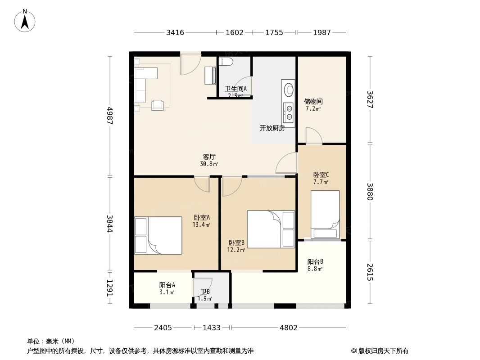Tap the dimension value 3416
pyautogui.click(x=175, y=32)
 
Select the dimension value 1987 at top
pyautogui.click(x=322, y=32)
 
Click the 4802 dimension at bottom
pyautogui.click(x=288, y=328)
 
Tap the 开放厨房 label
pyautogui.click(x=272, y=128)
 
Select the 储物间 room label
pyautogui.click(x=313, y=102)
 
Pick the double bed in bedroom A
pyautogui.click(x=158, y=235)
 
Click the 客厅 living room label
pyautogui.click(x=209, y=157)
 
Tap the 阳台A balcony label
pyautogui.click(x=167, y=285)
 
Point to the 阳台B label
pyautogui.click(x=315, y=262)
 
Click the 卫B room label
pyautogui.click(x=205, y=292)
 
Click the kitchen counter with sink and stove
pyautogui.click(x=288, y=102)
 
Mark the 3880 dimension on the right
pyautogui.click(x=370, y=192)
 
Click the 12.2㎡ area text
pyautogui.click(x=236, y=249)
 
